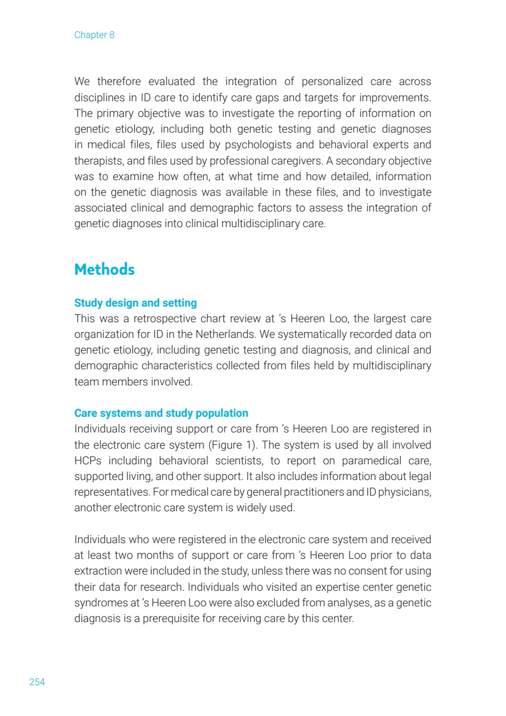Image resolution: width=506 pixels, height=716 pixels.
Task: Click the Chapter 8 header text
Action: (94, 35)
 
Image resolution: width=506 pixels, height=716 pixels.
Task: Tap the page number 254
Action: (37, 682)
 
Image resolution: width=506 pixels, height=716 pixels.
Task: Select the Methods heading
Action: (105, 269)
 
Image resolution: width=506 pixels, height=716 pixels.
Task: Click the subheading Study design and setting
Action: (135, 303)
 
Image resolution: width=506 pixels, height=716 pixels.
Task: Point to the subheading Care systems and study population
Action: (161, 413)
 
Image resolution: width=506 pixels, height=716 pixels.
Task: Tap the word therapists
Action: (94, 160)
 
